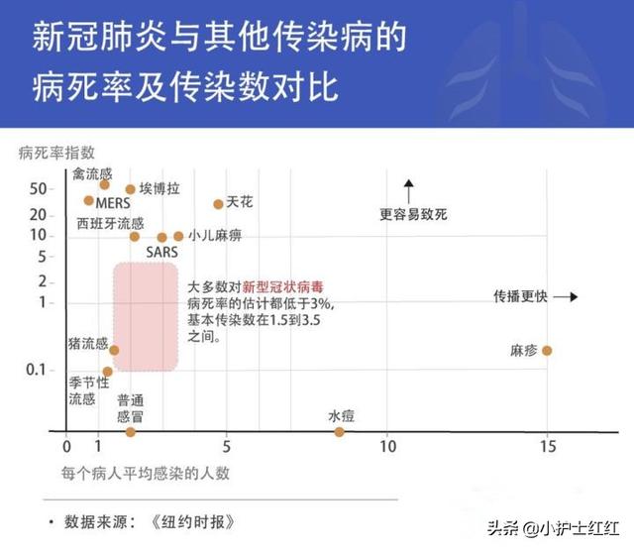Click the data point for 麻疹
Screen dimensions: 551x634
coord(546,351)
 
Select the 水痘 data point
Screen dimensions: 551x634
coord(339,432)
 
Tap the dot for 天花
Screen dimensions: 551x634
coord(218,204)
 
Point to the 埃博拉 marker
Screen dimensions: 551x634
coord(130,189)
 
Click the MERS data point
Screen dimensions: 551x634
coord(88,200)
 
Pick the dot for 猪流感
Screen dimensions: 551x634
coord(114,350)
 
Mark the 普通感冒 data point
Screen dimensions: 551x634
coord(130,432)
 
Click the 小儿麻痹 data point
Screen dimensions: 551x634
coord(178,237)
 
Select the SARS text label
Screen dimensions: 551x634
coord(161,253)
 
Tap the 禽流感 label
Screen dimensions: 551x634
coord(92,173)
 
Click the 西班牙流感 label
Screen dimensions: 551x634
coord(110,222)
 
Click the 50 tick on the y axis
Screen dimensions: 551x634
coord(39,188)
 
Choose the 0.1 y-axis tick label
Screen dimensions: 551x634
coord(36,370)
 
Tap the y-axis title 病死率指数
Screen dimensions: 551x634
coord(56,153)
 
